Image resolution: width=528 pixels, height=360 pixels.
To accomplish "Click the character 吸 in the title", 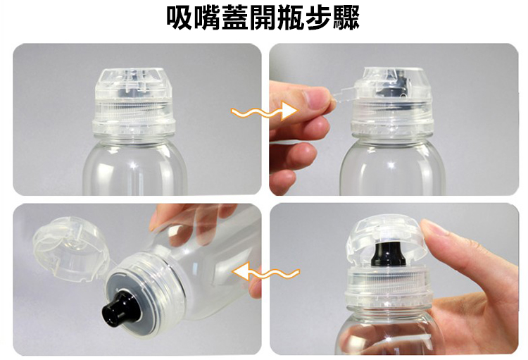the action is (180, 18).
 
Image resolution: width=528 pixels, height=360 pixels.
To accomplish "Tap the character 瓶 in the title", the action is (291, 18).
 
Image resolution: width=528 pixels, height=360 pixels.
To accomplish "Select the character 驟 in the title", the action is (346, 18).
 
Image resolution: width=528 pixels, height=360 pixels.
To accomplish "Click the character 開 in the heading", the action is (263, 18).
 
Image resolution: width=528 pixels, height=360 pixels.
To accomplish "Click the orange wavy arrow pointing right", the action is (265, 112).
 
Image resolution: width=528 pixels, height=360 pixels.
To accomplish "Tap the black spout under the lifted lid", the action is (385, 254).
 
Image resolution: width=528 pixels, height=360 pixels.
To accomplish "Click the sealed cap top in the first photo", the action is (133, 83).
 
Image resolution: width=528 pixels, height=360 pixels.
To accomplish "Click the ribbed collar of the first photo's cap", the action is (134, 111).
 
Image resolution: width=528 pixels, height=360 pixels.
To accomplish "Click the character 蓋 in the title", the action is (235, 18).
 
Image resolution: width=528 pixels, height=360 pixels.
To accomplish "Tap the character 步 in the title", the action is (318, 18).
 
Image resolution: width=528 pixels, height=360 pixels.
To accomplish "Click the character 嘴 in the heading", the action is (208, 18).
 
